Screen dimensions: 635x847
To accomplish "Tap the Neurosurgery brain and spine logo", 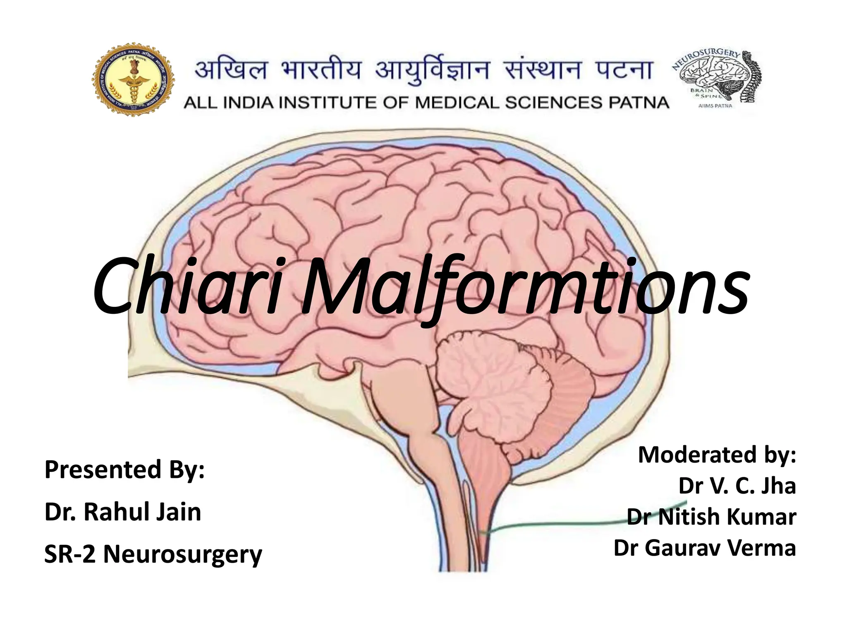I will (719, 79).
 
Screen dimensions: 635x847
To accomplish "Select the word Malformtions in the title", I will (523, 287).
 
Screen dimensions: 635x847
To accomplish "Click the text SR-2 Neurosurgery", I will (153, 554).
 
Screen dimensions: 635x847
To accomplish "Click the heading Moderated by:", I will (717, 455).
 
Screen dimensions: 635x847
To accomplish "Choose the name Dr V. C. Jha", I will (737, 486).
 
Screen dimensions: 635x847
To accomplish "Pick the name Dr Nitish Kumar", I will (711, 517).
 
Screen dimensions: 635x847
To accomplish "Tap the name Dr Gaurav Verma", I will (705, 548).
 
